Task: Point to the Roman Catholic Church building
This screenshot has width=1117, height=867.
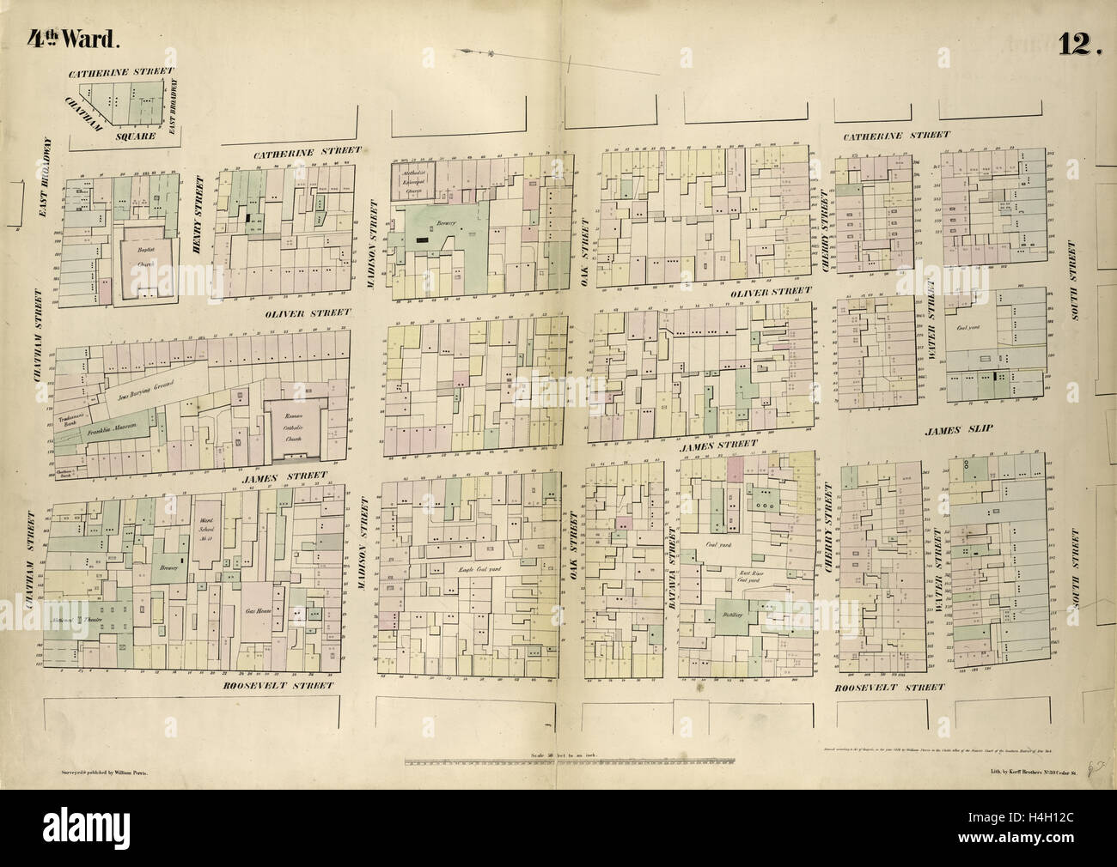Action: (293, 422)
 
